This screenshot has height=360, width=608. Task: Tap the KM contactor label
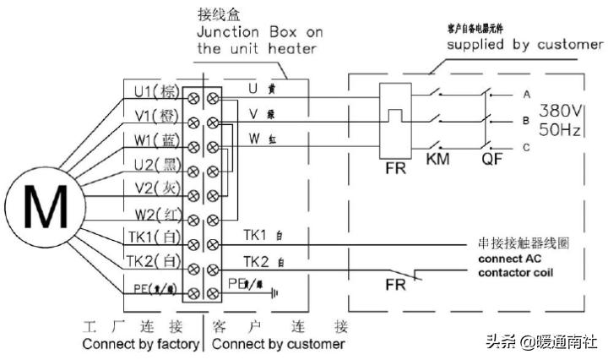[x=437, y=160]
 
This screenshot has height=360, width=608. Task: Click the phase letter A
[x=526, y=94]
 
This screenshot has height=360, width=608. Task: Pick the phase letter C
[x=526, y=147]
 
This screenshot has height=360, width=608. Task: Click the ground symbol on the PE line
[x=273, y=294]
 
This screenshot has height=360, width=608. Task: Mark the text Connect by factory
[x=140, y=345]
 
